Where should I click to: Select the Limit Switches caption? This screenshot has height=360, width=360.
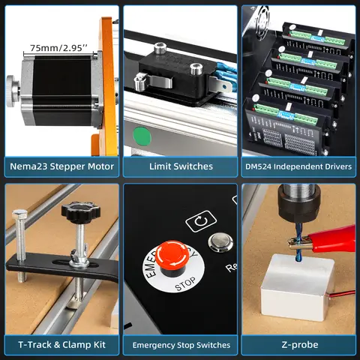(181, 166)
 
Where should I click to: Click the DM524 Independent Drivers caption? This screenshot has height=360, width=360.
(299, 166)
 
